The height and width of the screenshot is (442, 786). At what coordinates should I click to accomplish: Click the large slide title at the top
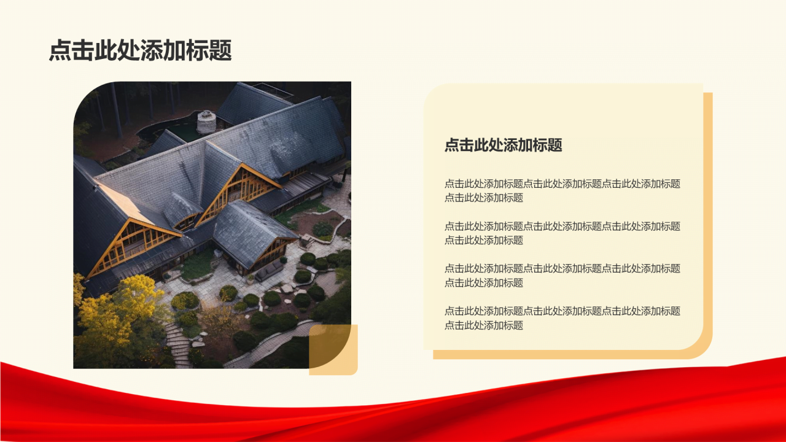tap(140, 51)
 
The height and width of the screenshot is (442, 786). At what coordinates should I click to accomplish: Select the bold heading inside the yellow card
tap(503, 145)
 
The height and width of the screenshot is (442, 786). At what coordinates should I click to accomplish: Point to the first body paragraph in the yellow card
tap(562, 190)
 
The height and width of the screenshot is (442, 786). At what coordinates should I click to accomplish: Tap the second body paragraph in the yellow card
tap(562, 233)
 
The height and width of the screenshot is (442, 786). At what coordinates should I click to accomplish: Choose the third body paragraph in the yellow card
tap(562, 275)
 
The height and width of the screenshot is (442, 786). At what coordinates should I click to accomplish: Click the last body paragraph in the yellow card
tap(562, 318)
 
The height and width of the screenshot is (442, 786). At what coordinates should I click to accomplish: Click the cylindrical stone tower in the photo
tap(206, 122)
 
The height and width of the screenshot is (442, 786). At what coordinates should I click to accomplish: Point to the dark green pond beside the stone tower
tap(182, 131)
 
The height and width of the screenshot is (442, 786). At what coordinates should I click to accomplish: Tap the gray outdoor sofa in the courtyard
tap(269, 271)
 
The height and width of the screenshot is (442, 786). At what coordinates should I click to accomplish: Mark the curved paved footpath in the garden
tap(270, 344)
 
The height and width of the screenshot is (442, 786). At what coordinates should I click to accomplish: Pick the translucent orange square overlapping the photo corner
tap(333, 349)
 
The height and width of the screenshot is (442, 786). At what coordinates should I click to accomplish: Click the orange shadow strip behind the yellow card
tap(707, 221)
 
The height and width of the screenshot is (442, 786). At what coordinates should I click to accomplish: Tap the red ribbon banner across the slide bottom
tap(393, 408)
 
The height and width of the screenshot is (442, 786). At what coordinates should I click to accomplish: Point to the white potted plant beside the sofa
tap(284, 260)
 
